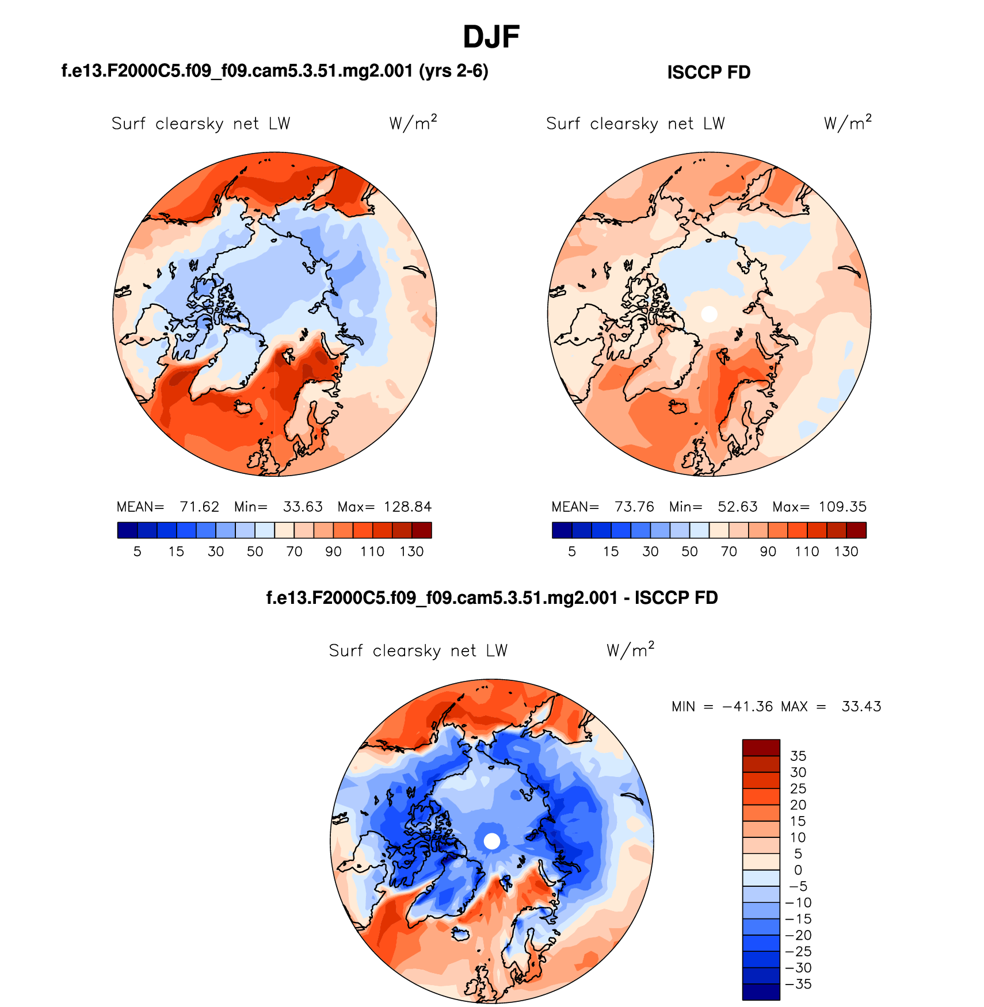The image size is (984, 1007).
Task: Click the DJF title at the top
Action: pyautogui.click(x=491, y=37)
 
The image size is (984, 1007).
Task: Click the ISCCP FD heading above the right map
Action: pyautogui.click(x=708, y=72)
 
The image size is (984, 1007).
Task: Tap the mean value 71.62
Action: pyautogui.click(x=199, y=507)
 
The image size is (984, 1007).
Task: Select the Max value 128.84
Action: pyautogui.click(x=407, y=507)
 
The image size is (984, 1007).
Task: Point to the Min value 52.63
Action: pyautogui.click(x=737, y=507)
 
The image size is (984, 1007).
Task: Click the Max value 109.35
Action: pyautogui.click(x=842, y=507)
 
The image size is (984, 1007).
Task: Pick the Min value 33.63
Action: pyautogui.click(x=303, y=507)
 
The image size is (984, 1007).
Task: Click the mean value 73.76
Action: pyautogui.click(x=634, y=507)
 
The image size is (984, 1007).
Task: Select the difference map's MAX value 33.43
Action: pyautogui.click(x=861, y=706)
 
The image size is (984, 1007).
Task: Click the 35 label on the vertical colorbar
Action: pyautogui.click(x=798, y=756)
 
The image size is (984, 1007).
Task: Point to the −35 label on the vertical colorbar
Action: pyautogui.click(x=798, y=984)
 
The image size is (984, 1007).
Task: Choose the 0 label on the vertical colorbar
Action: pyautogui.click(x=798, y=870)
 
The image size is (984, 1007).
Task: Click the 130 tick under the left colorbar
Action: pyautogui.click(x=411, y=552)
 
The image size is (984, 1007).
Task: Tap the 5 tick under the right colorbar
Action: pyautogui.click(x=571, y=552)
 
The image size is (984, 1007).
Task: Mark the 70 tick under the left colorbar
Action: pyautogui.click(x=294, y=552)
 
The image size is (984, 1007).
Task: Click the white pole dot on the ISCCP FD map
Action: pyautogui.click(x=709, y=314)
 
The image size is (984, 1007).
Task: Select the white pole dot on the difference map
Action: pyautogui.click(x=492, y=841)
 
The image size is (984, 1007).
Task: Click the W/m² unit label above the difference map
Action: pyautogui.click(x=630, y=650)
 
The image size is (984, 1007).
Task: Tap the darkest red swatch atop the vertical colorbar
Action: pyautogui.click(x=761, y=748)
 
